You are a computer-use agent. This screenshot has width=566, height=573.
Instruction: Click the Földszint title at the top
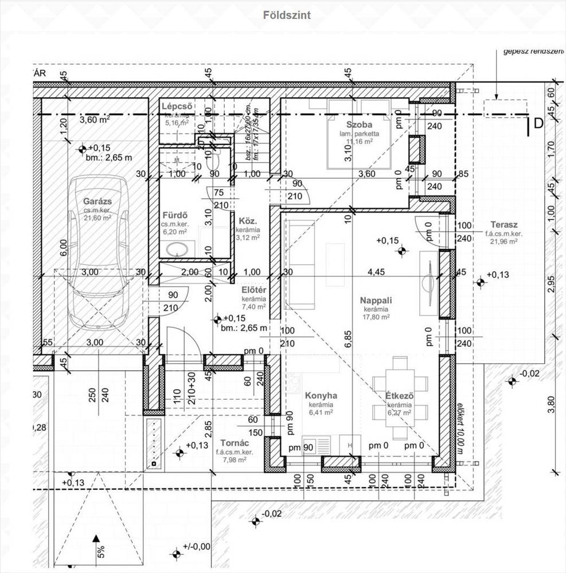pos(287,15)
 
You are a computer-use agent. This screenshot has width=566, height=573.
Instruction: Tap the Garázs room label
pos(97,201)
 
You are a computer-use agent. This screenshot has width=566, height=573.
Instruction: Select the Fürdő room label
pos(175,215)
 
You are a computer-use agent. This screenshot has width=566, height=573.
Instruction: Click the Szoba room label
pos(360,125)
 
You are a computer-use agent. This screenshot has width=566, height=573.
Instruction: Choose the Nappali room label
pos(376,300)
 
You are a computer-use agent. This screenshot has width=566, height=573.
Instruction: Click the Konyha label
pos(321,395)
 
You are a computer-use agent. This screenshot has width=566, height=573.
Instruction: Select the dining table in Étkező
pos(400,383)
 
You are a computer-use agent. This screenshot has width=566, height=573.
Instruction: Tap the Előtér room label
pos(253,290)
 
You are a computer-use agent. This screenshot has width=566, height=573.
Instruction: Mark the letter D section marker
pos(538,123)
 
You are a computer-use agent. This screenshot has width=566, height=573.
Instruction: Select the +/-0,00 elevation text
pos(197,547)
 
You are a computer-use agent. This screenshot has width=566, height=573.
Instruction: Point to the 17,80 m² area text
pos(375,316)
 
